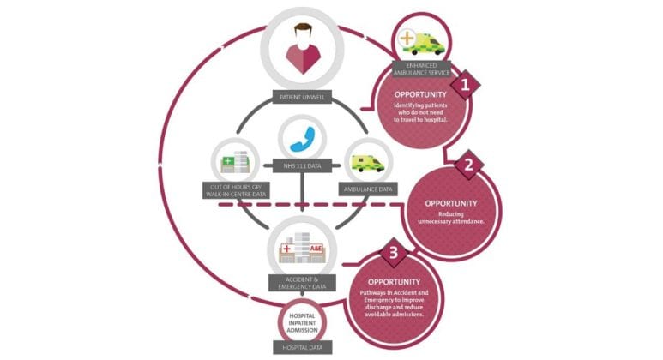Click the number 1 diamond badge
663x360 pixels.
pos(465,85)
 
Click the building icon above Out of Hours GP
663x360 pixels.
pos(234,160)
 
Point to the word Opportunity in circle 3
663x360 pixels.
pos(395,281)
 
